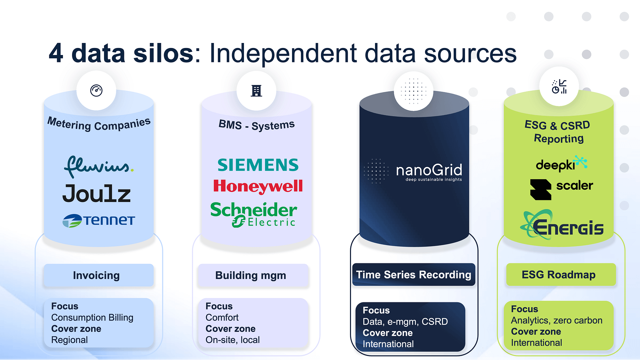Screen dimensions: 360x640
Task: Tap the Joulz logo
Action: click(97, 194)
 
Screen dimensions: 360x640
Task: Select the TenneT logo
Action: click(99, 221)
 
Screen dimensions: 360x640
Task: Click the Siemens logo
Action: click(258, 165)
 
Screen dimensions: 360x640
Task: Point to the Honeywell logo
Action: click(258, 186)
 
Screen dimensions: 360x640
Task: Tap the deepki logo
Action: click(561, 164)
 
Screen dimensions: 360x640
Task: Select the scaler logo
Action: click(561, 188)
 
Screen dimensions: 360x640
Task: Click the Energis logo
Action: click(562, 225)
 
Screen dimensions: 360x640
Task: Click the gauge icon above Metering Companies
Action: click(96, 90)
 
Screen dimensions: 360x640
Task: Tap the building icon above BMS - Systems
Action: click(256, 91)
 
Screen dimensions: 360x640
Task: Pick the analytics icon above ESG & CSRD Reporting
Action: click(559, 87)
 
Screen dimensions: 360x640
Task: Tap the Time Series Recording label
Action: click(414, 275)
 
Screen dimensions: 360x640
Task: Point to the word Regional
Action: click(69, 340)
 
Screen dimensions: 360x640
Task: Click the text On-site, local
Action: click(232, 340)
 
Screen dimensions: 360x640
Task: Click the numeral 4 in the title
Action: click(56, 53)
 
